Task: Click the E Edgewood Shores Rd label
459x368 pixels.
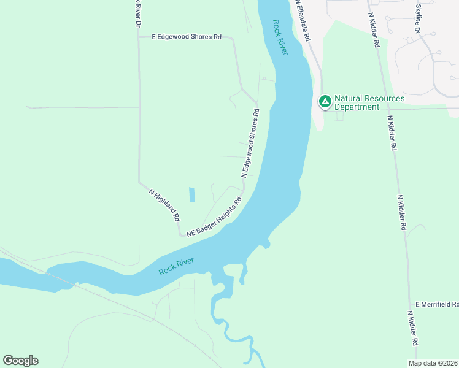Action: tap(187, 37)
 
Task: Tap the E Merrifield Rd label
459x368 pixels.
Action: tap(436, 304)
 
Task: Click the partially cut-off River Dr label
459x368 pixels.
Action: tap(138, 13)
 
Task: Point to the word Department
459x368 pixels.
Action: tap(357, 107)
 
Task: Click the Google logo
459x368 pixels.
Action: tap(20, 361)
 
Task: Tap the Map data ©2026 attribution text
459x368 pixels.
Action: tap(433, 363)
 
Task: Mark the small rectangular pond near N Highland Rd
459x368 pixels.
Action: tap(192, 194)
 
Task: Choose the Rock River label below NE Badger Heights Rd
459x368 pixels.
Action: tap(177, 266)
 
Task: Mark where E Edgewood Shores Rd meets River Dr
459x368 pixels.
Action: tap(139, 37)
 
